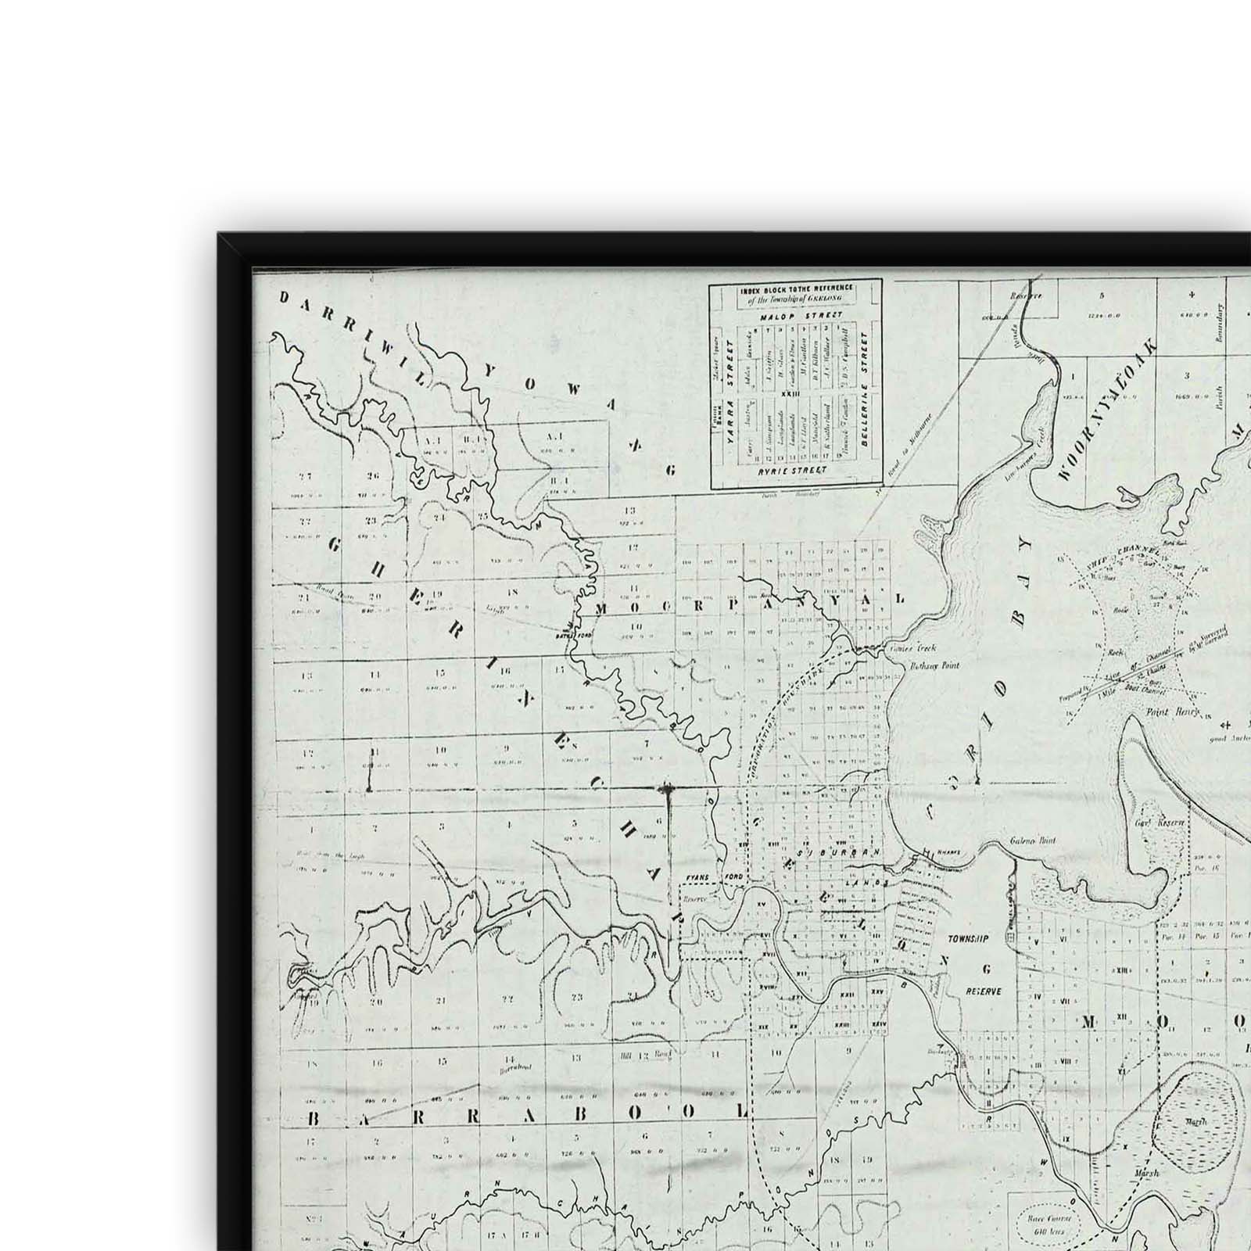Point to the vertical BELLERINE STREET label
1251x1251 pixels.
click(864, 389)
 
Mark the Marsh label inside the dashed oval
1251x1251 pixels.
click(1195, 1120)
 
